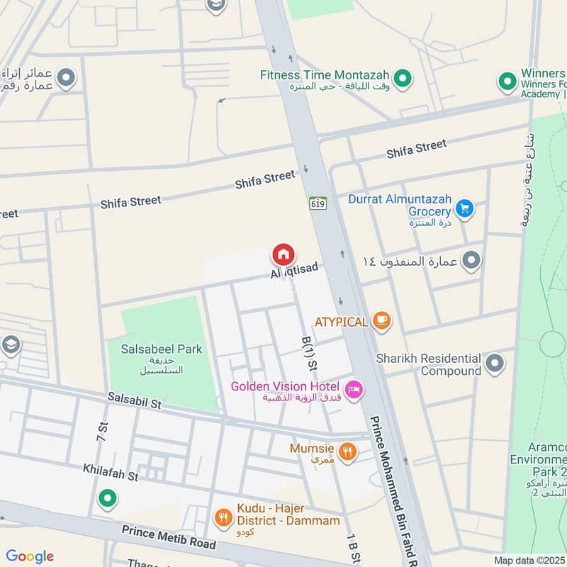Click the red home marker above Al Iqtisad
283,254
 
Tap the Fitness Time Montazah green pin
403,79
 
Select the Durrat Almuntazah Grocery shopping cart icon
464,208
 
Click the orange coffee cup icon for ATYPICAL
382,322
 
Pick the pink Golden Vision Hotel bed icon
353,388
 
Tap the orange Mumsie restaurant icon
347,451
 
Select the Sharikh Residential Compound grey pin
495,364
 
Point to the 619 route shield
316,203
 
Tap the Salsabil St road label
135,402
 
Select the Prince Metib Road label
168,535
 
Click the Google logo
30,556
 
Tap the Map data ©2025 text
528,560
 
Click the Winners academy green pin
507,82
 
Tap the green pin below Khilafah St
107,500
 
